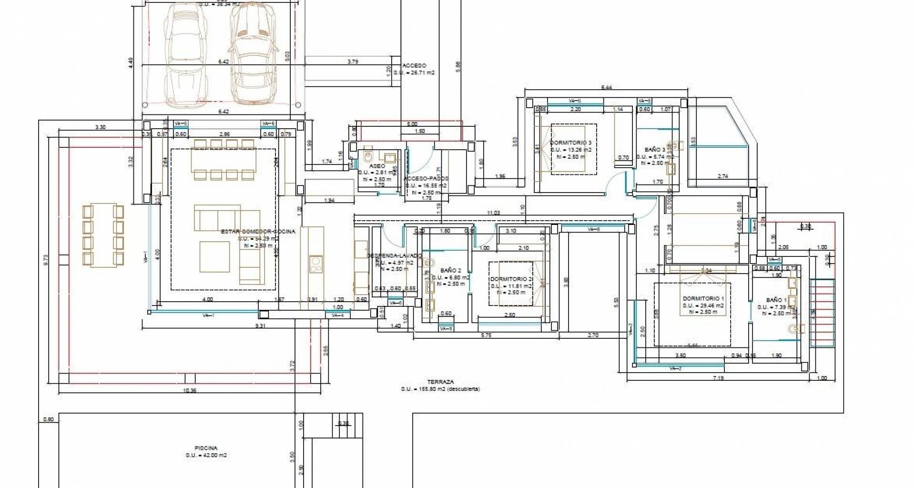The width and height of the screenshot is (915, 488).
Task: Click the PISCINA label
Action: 206,448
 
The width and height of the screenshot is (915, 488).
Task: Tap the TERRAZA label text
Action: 440,382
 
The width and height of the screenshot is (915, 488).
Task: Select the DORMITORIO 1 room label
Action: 703,299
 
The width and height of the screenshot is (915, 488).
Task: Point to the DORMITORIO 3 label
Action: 570,142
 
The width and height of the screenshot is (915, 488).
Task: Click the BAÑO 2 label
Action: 450,271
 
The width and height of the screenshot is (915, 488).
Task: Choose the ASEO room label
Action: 377,166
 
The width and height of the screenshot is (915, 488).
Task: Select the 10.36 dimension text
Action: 190,391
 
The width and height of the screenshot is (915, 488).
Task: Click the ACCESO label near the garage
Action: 414,66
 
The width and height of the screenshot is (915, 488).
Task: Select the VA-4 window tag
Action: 338,315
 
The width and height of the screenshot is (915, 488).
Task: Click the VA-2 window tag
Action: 675,368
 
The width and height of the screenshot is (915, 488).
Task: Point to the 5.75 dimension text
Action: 486,335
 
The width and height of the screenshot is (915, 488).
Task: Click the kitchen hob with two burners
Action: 315,264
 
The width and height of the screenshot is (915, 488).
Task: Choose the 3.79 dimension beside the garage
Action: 353,61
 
